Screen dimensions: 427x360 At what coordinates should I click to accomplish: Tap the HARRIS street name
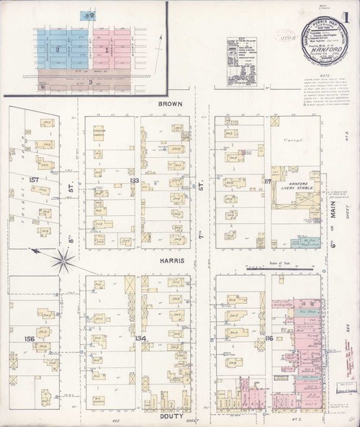tap(173, 260)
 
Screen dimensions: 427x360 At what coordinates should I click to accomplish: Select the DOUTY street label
tap(172, 416)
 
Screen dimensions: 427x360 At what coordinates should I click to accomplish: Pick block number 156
tap(30, 338)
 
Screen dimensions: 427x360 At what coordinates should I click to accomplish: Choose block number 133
tap(134, 180)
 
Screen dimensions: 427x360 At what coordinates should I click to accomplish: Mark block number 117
tap(268, 180)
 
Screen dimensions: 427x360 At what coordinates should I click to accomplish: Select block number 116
tap(269, 338)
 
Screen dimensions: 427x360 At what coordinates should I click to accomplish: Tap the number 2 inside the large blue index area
tap(57, 50)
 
